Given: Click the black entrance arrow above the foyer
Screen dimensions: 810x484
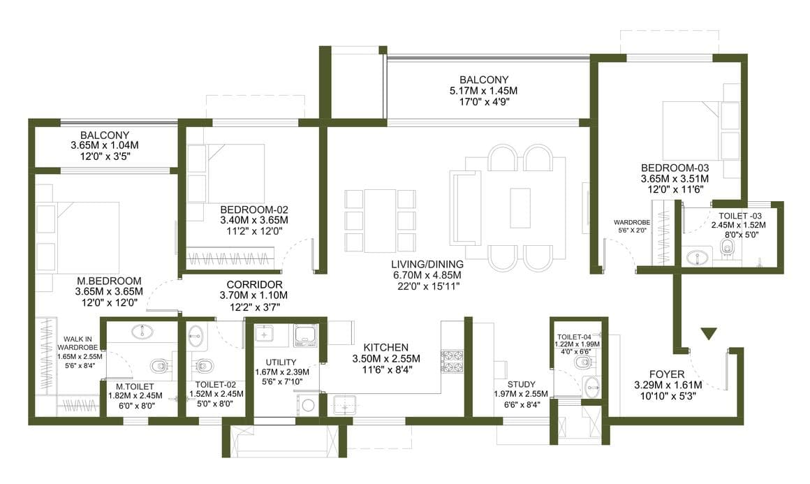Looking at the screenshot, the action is coord(709,334).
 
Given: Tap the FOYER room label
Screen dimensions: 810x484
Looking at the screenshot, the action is coord(667,374).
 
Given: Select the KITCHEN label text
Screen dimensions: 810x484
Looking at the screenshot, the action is coord(386,348).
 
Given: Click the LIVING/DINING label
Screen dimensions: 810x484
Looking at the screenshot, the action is coord(427,265).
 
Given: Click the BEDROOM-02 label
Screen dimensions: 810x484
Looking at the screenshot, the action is coord(254,210).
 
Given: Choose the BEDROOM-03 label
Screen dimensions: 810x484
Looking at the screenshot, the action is coord(675,168).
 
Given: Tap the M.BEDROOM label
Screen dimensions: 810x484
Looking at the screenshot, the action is coord(109,281).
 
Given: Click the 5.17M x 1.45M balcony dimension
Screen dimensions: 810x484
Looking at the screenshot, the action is coord(483,91).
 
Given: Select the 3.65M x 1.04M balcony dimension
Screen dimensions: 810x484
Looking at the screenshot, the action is coord(105,146).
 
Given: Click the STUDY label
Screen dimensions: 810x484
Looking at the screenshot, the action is coord(521,384).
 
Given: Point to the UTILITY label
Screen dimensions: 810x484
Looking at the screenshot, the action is coord(281,362).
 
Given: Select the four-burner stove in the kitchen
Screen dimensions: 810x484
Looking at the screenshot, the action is coord(452,361).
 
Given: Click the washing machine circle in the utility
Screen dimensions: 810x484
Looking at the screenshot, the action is coord(309,405).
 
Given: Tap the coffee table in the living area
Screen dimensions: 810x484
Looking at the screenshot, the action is coord(520,208).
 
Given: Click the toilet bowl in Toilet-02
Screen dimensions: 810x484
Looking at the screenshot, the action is coord(203,365).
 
